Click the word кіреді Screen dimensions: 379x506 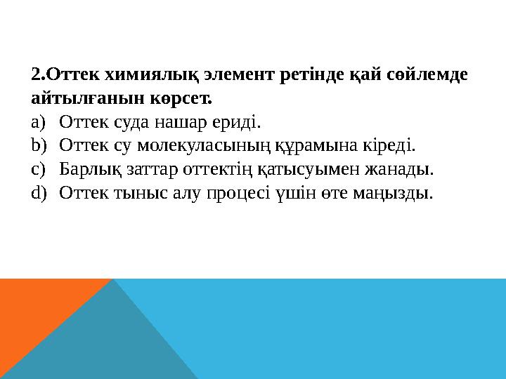(388, 145)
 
